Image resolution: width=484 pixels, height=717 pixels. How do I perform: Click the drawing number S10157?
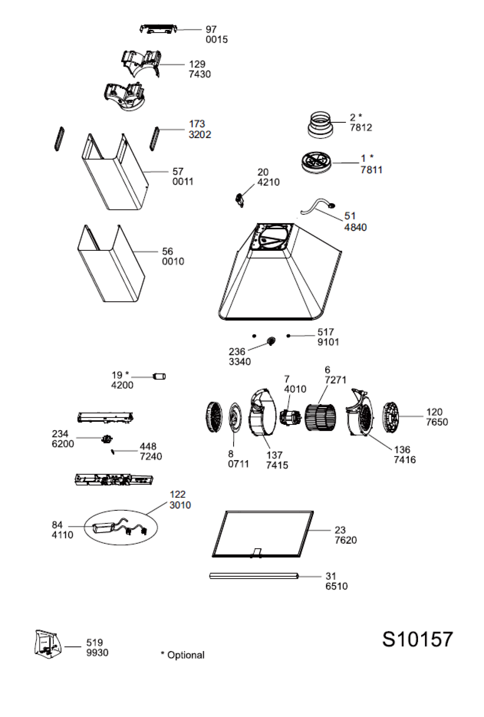(417, 639)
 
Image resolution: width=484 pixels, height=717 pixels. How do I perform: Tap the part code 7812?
(361, 128)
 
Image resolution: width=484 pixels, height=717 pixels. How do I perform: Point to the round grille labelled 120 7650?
(390, 417)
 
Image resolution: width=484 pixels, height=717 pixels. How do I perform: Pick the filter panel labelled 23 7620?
(263, 534)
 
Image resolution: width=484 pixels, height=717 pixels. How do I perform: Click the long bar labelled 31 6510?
(254, 576)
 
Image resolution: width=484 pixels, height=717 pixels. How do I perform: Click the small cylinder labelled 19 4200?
(159, 377)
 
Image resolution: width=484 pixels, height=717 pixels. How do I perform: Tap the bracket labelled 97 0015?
(158, 29)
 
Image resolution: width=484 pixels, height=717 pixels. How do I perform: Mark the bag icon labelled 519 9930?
(48, 644)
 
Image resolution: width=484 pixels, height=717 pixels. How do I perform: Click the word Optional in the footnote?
(186, 655)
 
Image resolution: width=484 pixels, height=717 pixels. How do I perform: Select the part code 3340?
(240, 362)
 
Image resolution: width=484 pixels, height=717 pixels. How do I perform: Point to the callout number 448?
(148, 446)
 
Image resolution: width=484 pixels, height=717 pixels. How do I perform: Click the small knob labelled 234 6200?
(106, 439)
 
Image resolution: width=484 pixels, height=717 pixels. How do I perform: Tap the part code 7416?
(404, 460)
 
